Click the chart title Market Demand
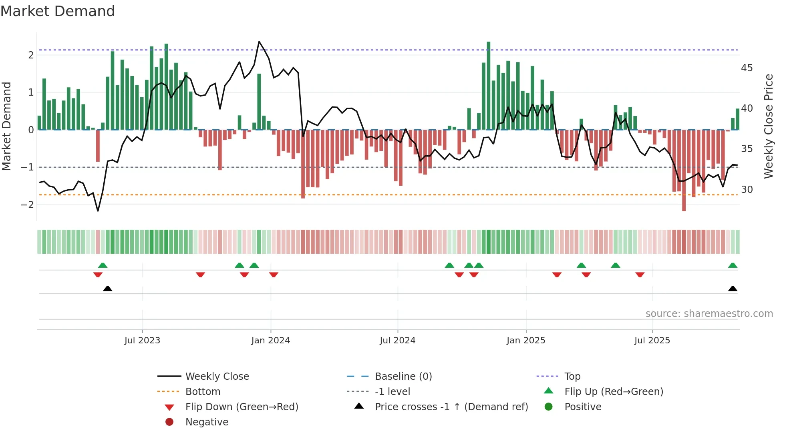coord(58,11)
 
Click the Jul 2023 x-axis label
coord(142,341)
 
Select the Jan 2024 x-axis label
coord(270,341)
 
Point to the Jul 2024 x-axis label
coord(397,341)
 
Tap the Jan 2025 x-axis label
coord(525,341)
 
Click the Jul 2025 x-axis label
coord(652,341)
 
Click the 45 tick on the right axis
coord(747,68)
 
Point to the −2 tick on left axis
coord(27,205)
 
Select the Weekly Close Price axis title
coord(768,126)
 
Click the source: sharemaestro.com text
coord(709,314)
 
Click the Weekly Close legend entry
coord(217,377)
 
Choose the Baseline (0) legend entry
coord(403,377)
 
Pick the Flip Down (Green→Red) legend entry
coord(242,407)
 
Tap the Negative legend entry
coord(207,422)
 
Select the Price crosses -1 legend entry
coord(451,407)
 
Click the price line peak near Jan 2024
coord(259,42)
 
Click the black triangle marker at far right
coord(733,289)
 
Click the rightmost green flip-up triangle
coord(733,265)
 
